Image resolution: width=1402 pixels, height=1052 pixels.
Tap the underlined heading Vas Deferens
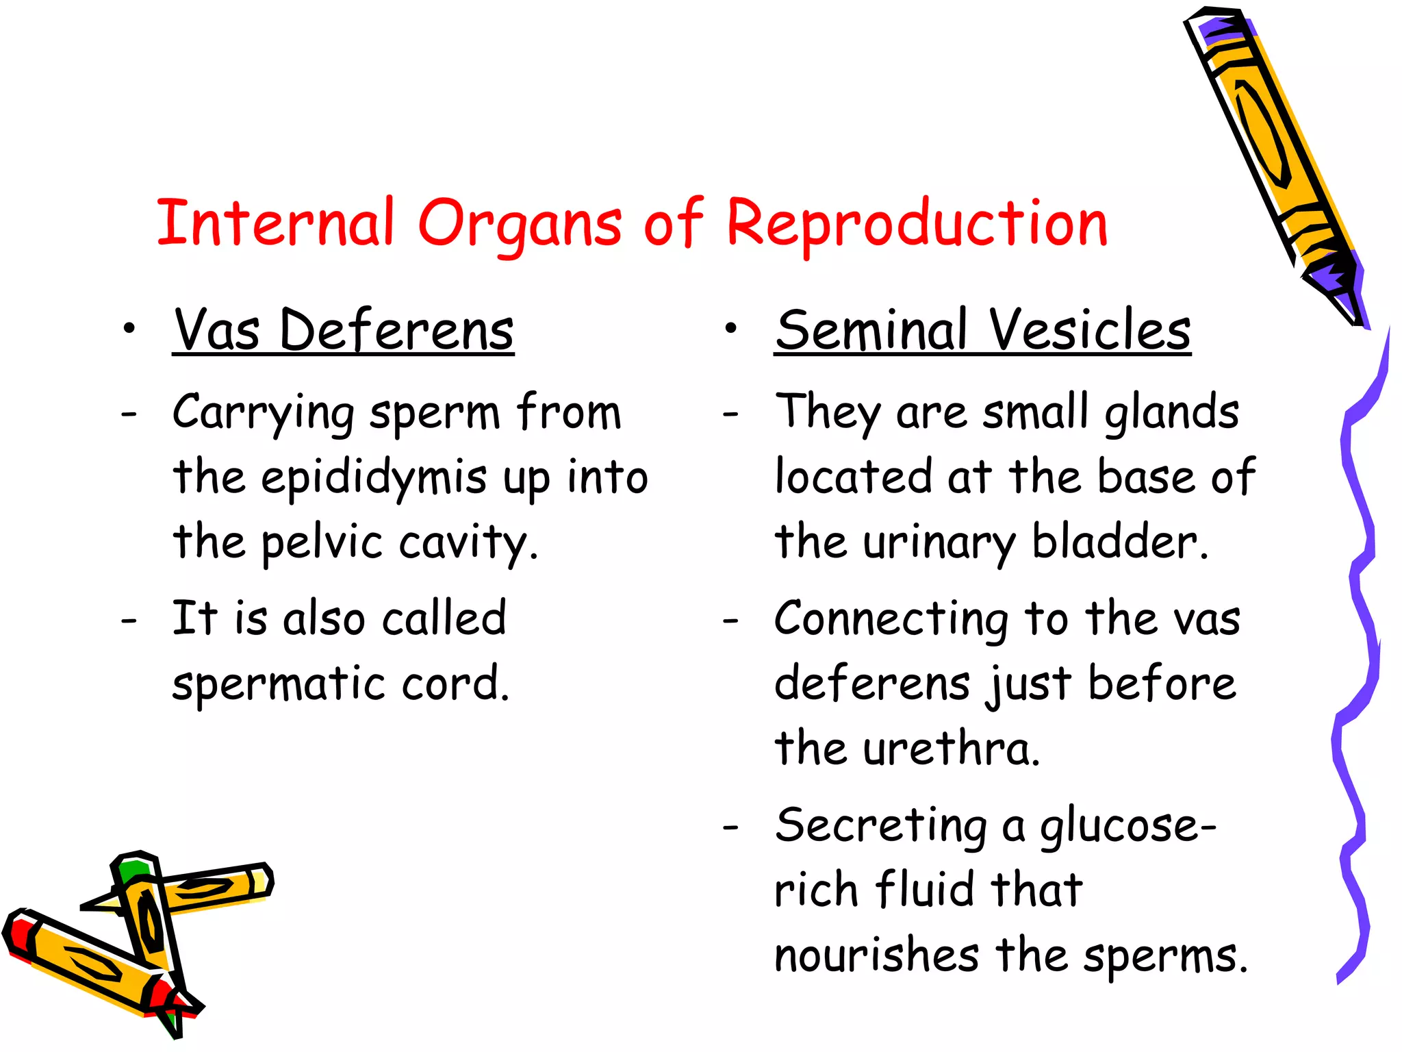tap(343, 331)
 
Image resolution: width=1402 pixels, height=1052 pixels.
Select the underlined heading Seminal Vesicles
tap(982, 331)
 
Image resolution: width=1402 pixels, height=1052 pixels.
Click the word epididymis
tap(374, 478)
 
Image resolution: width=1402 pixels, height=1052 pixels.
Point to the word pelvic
tap(322, 543)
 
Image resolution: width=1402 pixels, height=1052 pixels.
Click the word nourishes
tap(877, 955)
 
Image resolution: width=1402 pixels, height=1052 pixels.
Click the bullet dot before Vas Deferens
tap(129, 329)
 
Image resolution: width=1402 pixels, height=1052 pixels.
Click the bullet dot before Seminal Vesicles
tap(731, 329)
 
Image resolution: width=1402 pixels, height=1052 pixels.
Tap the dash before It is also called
tap(129, 621)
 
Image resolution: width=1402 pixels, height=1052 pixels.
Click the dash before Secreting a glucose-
tap(731, 827)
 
